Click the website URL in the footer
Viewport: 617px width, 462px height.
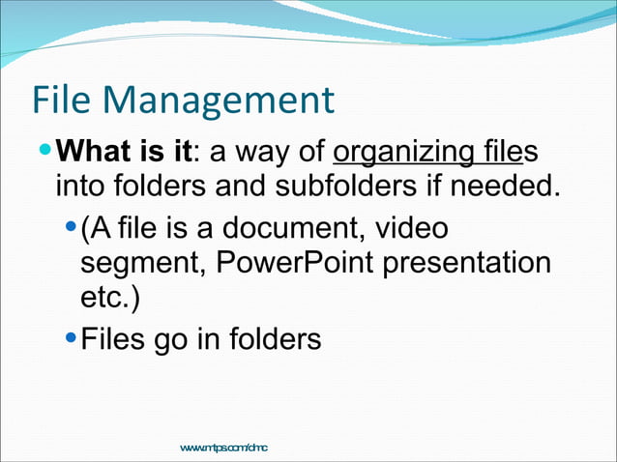tap(223, 447)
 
